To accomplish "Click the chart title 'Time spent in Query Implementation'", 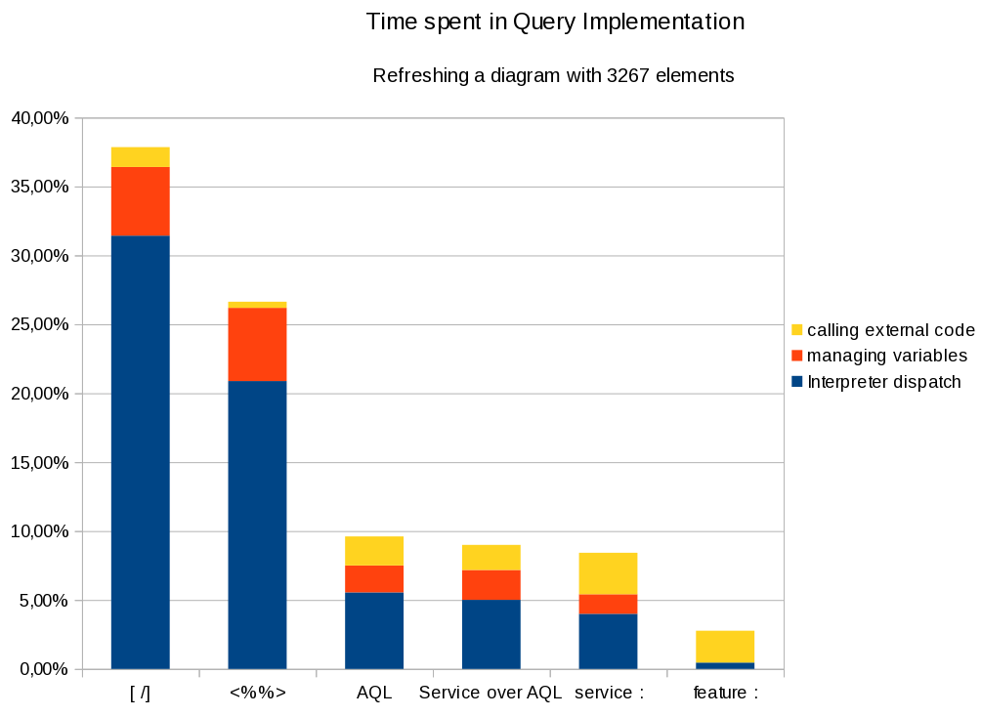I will tap(555, 22).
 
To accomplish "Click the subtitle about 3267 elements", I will tap(553, 75).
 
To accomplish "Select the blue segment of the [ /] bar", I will tap(140, 452).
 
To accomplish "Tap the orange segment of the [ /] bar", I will tap(140, 201).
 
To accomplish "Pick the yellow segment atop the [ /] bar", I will tap(140, 157).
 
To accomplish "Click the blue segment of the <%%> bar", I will tap(257, 525).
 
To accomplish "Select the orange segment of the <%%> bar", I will tap(257, 344).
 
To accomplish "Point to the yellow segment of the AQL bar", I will tap(374, 551).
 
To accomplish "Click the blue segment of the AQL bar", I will tap(374, 630).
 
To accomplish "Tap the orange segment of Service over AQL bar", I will tap(490, 584).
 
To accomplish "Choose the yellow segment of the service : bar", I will tap(608, 573).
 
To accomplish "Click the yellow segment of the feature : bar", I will tap(725, 647).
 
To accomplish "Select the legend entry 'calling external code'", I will tap(890, 330).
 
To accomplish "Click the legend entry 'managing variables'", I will tap(886, 356).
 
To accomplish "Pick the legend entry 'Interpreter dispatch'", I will tap(883, 382).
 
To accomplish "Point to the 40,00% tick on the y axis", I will tap(40, 118).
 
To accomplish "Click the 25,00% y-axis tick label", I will tap(40, 325).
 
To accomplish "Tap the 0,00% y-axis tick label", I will tap(43, 669).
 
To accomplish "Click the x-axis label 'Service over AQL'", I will tap(490, 694).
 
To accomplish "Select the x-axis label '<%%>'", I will tap(258, 694).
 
